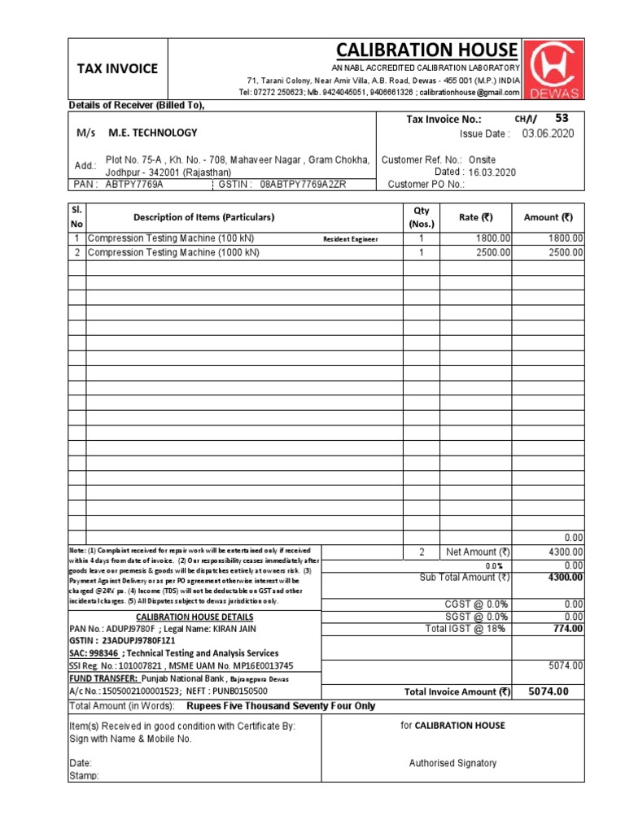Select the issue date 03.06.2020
coord(548,133)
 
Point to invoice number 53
coord(562,118)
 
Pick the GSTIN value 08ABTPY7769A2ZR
coord(303,185)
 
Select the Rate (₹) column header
coord(476,217)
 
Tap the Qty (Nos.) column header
coord(422,217)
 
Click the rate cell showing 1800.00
coord(493,238)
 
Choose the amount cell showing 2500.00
coord(565,253)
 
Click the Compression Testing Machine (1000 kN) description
coord(173,253)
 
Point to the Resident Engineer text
coord(351,239)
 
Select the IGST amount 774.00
coord(567,629)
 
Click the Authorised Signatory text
coord(452,763)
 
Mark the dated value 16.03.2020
coord(487,172)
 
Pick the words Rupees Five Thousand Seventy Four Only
coord(281,706)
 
